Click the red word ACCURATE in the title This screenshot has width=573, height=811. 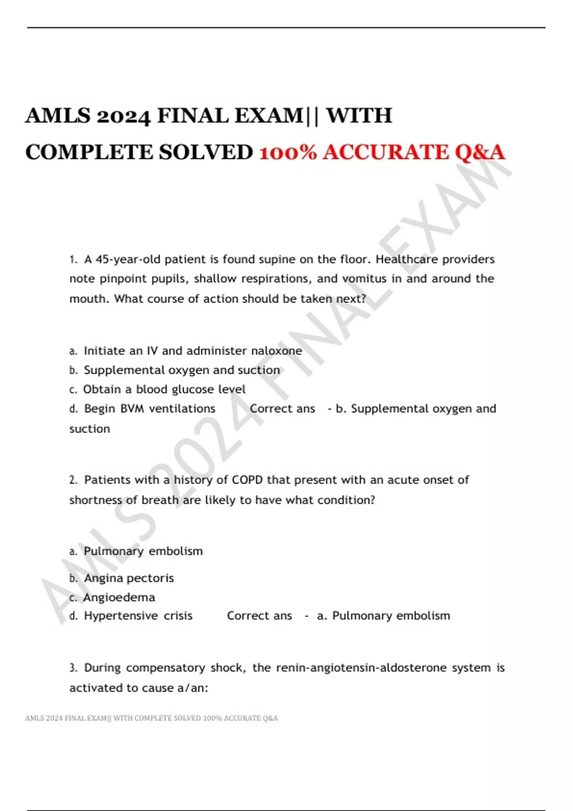(385, 152)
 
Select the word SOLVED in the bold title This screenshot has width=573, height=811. (206, 152)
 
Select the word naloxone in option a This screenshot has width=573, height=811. (276, 351)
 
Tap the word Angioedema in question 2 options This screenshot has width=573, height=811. (119, 597)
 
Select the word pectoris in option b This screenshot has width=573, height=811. (152, 578)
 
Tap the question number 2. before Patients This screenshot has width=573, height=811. (73, 480)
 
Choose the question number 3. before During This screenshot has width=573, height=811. (73, 668)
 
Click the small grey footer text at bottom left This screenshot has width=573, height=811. (151, 718)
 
